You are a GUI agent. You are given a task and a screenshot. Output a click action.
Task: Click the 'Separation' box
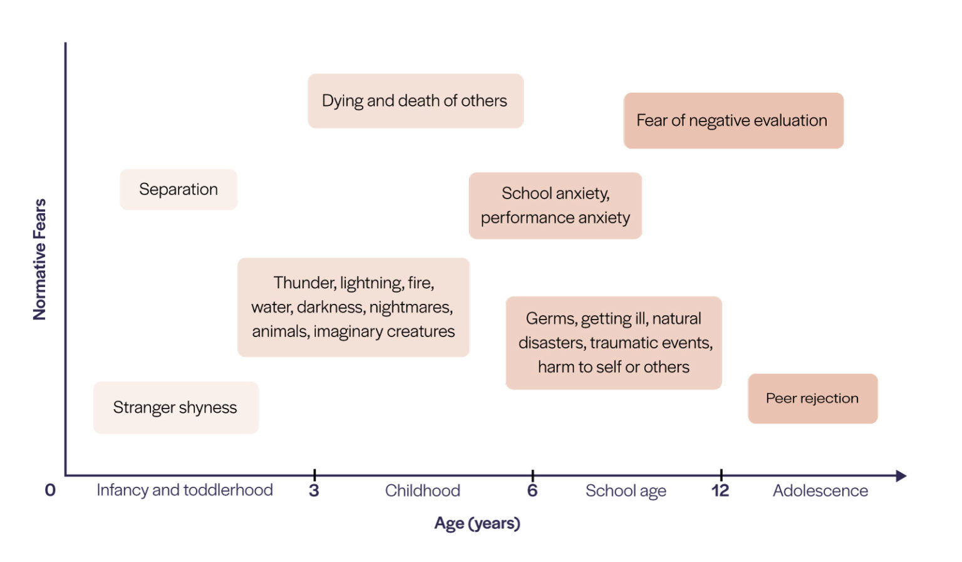click(x=178, y=189)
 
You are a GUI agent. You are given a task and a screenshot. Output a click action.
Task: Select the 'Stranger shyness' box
click(x=175, y=407)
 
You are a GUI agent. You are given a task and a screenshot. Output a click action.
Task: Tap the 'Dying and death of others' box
click(x=415, y=101)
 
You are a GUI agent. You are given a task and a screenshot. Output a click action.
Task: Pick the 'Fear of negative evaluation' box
click(x=732, y=120)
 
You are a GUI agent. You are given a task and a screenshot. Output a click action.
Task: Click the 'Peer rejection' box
click(x=812, y=398)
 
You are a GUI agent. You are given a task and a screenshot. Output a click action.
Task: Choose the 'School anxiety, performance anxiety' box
click(x=556, y=206)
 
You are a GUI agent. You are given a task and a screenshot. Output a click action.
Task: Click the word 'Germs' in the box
click(x=551, y=319)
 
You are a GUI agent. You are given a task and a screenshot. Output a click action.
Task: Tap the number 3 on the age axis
click(x=314, y=491)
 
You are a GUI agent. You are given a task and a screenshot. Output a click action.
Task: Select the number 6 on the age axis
click(x=532, y=491)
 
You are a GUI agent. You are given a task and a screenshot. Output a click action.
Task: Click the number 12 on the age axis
click(x=720, y=491)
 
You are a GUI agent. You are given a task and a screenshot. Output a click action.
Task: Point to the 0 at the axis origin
click(x=50, y=491)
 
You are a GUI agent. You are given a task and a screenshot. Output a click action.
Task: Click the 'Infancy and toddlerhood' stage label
click(x=185, y=490)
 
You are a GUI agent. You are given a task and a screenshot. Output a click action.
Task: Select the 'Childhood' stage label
click(x=422, y=491)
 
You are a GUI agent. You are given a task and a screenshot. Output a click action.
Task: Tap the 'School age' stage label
click(x=626, y=491)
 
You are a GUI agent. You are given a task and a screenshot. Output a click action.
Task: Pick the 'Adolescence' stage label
click(x=820, y=491)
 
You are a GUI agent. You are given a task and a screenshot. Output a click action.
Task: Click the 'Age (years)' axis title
click(x=477, y=523)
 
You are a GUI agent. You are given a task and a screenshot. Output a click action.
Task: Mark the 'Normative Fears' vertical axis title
click(x=39, y=259)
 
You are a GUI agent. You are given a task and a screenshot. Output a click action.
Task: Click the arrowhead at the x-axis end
click(x=901, y=476)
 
